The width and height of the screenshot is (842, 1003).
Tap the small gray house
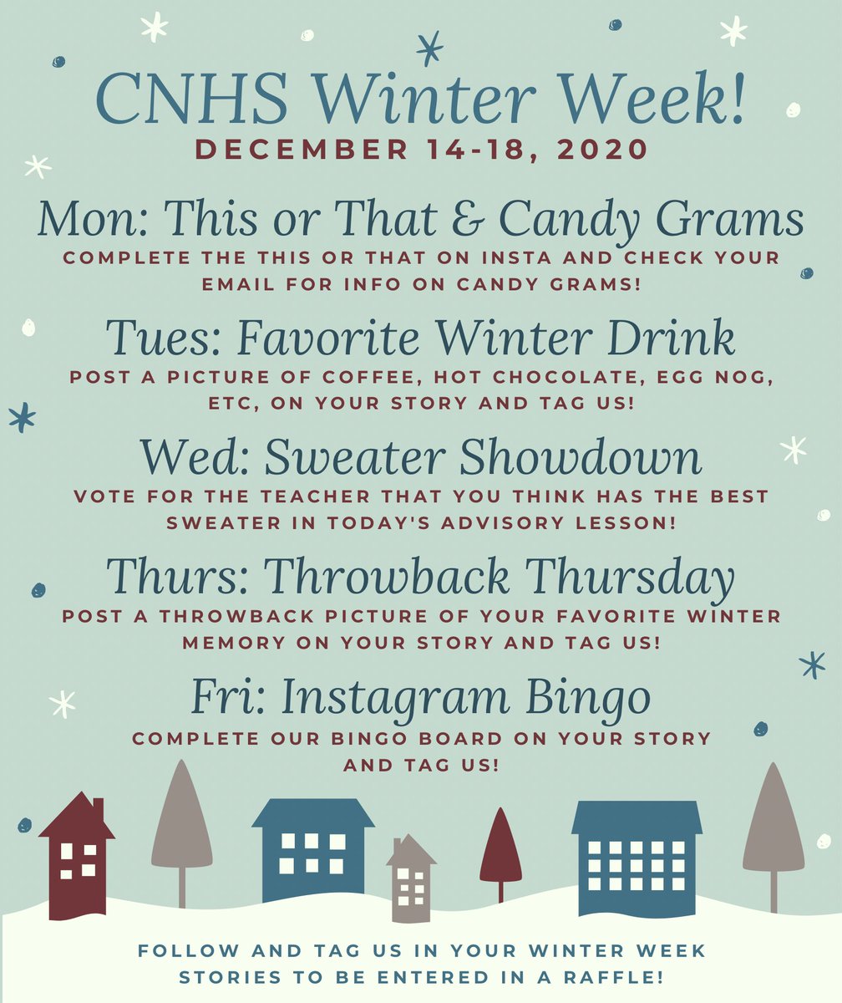pos(410,878)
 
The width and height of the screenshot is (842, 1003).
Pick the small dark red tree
pos(500,848)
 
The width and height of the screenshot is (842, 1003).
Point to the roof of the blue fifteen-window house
pos(637,817)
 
